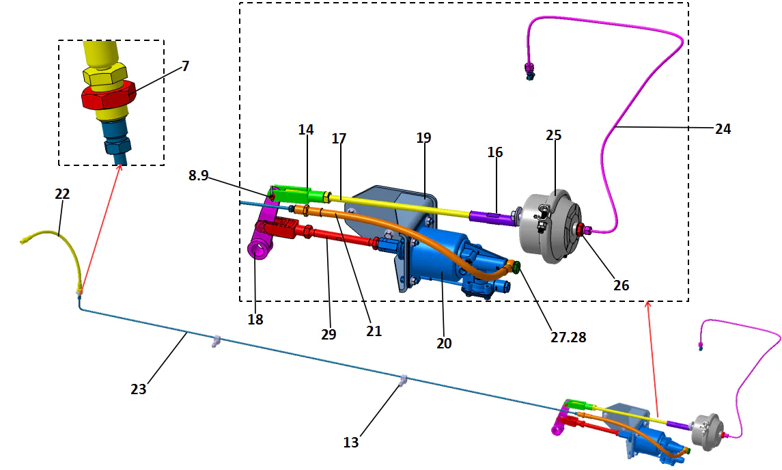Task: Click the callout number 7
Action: click(185, 66)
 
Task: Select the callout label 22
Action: click(61, 194)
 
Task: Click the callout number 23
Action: click(139, 389)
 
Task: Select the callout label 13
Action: click(350, 443)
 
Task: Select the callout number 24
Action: click(723, 128)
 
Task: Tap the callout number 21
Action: click(374, 331)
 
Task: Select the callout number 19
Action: click(423, 137)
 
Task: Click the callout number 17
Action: click(339, 139)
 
